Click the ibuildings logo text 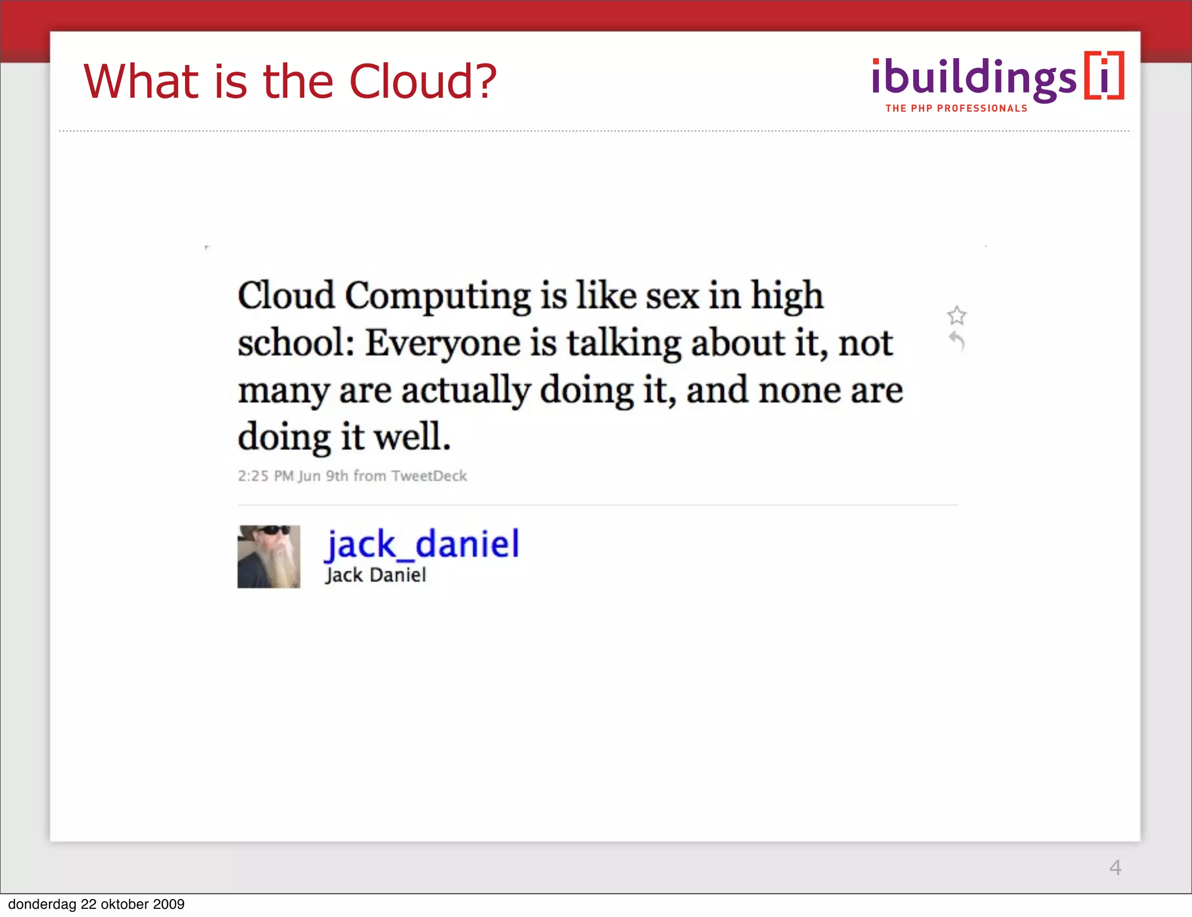(974, 79)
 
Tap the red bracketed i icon (1104, 76)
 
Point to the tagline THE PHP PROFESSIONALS (956, 108)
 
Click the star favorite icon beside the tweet (957, 315)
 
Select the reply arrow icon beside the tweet (957, 340)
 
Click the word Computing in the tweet (438, 296)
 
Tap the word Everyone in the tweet (442, 343)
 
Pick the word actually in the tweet (466, 390)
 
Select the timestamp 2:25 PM (265, 476)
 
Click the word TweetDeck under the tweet (429, 476)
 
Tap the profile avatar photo (269, 557)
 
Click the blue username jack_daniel (422, 545)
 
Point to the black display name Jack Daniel (376, 575)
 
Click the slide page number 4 (1115, 868)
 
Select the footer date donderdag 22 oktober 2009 (96, 904)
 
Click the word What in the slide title (142, 81)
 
